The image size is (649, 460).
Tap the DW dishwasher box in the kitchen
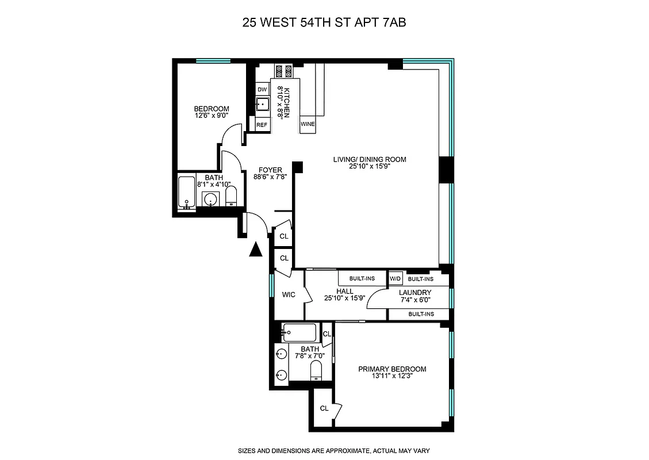point(262,89)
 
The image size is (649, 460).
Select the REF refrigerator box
point(262,124)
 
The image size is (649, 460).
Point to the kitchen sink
point(263,105)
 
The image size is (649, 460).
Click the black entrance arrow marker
point(256,248)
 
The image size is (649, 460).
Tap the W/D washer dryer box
point(395,279)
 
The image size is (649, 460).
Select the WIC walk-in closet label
point(289,295)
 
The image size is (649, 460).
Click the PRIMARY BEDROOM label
point(392,369)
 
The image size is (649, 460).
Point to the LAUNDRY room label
point(415,293)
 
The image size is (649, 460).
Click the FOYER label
point(270,170)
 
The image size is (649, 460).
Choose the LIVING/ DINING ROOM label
point(373,160)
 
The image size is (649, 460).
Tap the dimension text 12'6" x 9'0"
point(211,116)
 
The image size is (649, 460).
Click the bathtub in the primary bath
point(299,333)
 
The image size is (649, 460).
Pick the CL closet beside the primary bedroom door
point(327,335)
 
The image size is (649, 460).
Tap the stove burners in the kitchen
point(283,71)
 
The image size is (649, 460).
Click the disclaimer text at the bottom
point(334,451)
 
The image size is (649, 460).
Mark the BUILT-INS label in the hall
point(362,279)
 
